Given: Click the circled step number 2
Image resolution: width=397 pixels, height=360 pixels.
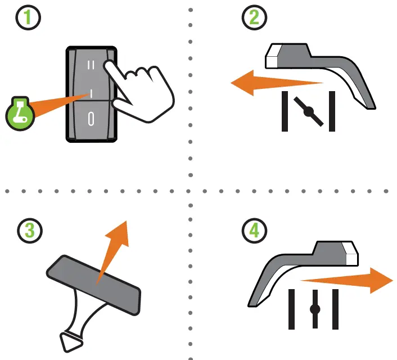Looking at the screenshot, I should click(254, 18).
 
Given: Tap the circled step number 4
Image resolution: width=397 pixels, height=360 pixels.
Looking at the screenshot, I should click(254, 229).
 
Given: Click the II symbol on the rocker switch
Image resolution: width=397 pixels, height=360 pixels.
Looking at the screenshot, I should click(92, 66).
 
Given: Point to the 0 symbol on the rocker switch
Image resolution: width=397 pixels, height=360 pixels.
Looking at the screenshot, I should click(91, 118).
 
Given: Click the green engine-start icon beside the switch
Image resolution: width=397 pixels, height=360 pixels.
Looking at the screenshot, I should click(19, 112).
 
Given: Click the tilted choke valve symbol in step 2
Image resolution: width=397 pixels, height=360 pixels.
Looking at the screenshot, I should click(309, 111).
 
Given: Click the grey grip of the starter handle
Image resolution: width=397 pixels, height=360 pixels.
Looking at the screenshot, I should click(93, 281).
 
